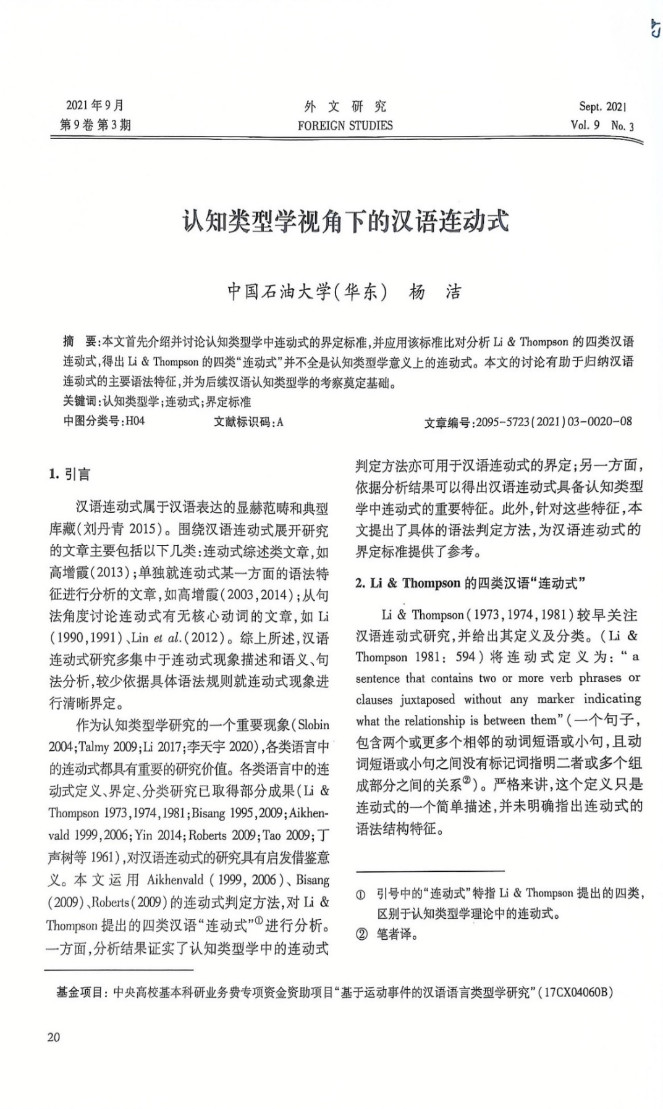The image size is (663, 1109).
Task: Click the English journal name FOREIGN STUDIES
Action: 345,125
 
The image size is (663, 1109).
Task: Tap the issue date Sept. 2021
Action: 602,106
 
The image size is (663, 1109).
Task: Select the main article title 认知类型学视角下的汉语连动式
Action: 345,221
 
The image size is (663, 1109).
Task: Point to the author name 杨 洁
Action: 435,291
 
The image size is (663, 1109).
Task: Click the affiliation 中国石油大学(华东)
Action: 307,291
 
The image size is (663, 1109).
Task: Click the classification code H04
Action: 135,421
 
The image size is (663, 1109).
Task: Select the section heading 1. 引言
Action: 70,474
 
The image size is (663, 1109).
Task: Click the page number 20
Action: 54,1037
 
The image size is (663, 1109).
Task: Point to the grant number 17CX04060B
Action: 577,992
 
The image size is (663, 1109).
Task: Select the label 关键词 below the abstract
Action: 80,402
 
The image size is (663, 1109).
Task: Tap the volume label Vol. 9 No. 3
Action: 602,125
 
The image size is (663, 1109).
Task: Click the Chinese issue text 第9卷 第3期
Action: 95,125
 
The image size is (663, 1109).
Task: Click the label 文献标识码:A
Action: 248,422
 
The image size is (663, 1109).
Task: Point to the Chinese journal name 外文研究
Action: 345,106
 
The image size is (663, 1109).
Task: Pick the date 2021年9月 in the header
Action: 95,105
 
